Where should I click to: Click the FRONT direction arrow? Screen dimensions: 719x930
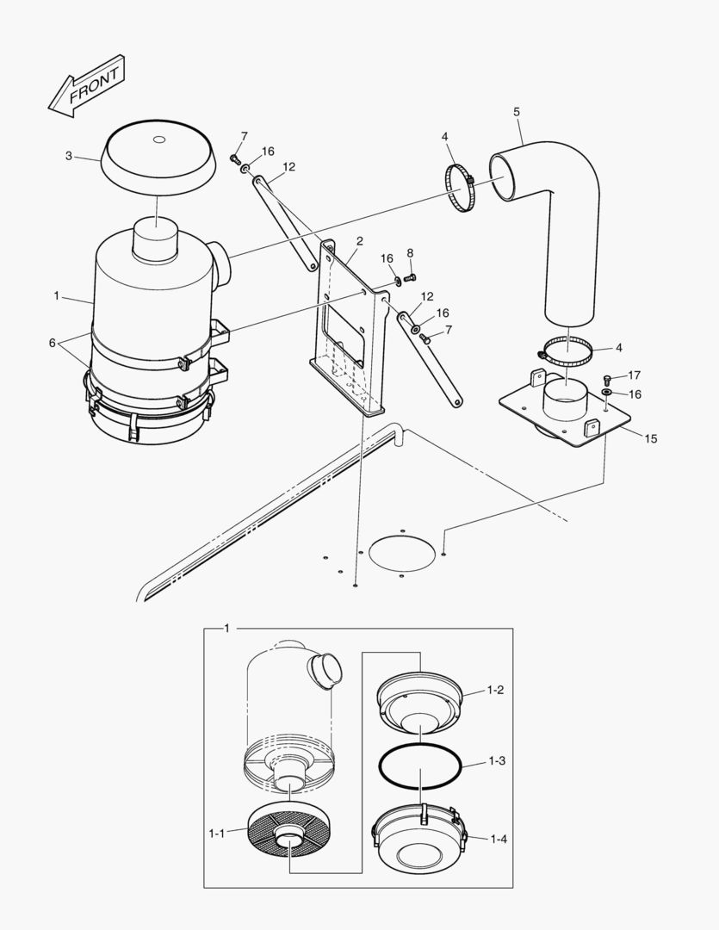click(x=87, y=87)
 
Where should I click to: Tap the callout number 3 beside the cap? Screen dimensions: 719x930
click(x=69, y=156)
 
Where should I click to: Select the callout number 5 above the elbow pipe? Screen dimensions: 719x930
click(x=517, y=111)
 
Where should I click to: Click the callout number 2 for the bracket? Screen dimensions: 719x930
click(x=360, y=241)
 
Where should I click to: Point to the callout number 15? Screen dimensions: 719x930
click(x=651, y=439)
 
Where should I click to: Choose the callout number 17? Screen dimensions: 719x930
click(x=634, y=375)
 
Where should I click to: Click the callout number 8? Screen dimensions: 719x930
click(x=410, y=253)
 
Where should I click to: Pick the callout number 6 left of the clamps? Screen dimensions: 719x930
click(x=53, y=343)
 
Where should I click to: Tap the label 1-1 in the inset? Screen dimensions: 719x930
click(x=216, y=834)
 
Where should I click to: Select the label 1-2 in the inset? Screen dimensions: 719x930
click(x=496, y=690)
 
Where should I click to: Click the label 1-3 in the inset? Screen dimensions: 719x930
click(x=497, y=761)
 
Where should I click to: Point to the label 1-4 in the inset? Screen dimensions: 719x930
click(x=499, y=840)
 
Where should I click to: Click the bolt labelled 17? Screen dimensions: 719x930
click(x=605, y=378)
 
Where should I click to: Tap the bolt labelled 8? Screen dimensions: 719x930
click(x=410, y=277)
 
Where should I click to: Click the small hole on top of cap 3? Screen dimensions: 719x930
click(x=158, y=140)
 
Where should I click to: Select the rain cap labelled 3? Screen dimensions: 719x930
click(x=158, y=155)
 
